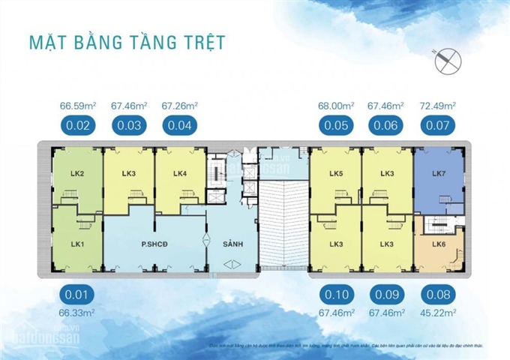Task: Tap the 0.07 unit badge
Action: click(x=442, y=125)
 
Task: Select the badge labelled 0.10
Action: click(x=337, y=293)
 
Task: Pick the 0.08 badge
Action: click(x=442, y=293)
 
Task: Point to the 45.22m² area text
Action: click(x=442, y=311)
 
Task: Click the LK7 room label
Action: click(x=439, y=174)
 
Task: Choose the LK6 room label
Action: click(x=439, y=244)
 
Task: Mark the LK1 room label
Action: click(x=76, y=244)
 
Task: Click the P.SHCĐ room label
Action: click(x=154, y=244)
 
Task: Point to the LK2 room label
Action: click(x=76, y=174)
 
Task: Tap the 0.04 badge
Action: click(x=179, y=125)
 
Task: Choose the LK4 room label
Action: click(x=179, y=174)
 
